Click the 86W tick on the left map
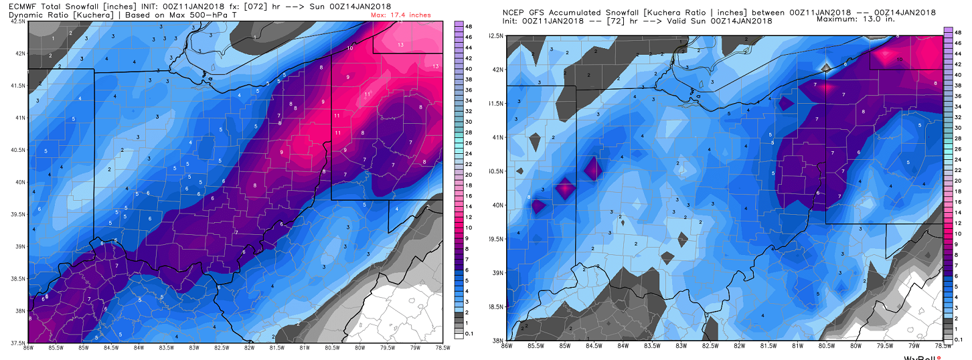(x=29, y=347)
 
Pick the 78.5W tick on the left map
(x=441, y=347)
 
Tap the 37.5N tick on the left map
(x=18, y=343)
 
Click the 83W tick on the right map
(x=681, y=345)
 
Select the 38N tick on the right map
(x=496, y=340)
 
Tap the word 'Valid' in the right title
(x=671, y=21)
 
